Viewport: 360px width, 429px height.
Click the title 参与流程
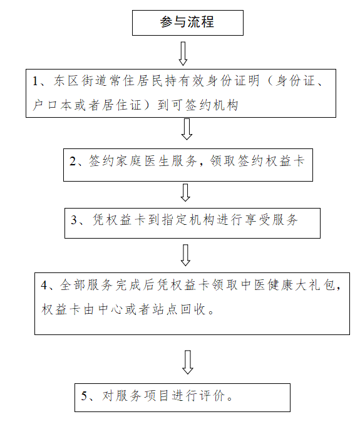coord(187,22)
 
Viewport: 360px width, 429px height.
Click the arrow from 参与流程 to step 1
coord(183,54)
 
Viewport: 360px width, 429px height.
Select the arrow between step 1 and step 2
coord(187,129)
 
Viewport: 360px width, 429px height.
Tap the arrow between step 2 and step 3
coord(185,193)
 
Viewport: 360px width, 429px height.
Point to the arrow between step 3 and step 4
coord(185,255)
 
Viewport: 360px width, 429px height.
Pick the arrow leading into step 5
coord(188,362)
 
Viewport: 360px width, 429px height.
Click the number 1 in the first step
coord(35,81)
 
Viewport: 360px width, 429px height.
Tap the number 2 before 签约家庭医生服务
coord(73,161)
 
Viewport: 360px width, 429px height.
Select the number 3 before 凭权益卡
coord(74,220)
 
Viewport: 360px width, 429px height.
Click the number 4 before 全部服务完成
coord(44,286)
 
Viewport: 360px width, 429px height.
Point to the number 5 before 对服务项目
coord(85,396)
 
